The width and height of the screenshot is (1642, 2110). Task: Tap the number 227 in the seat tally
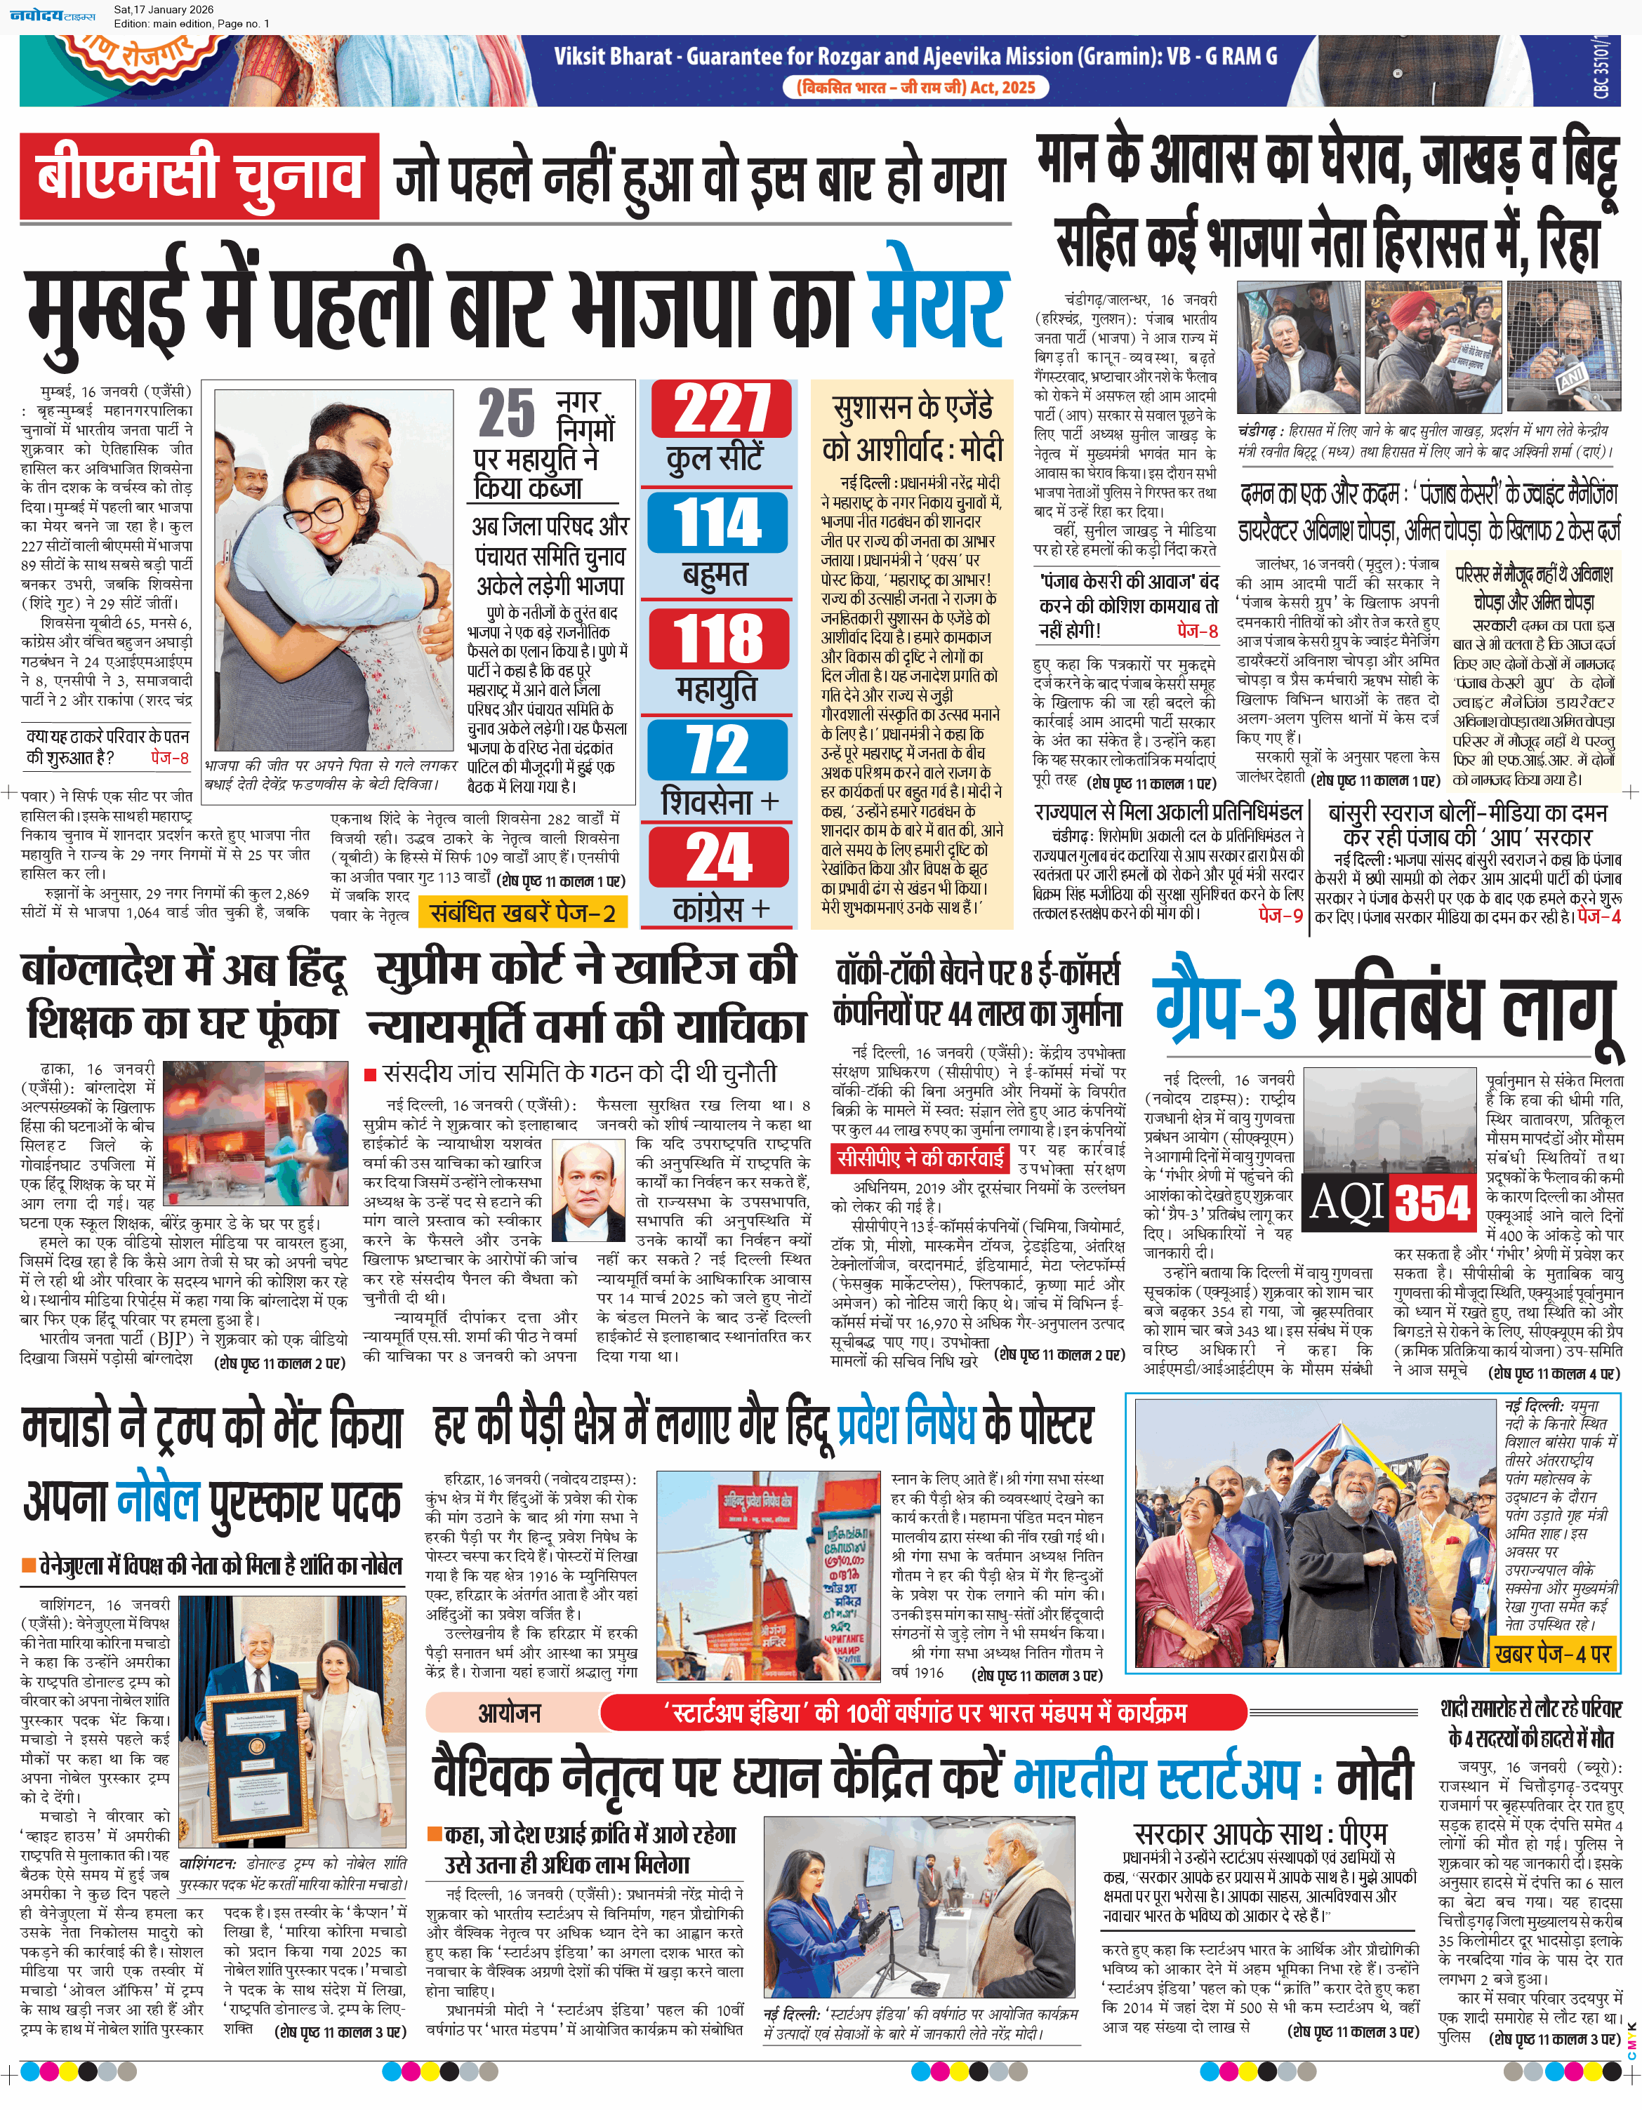[721, 410]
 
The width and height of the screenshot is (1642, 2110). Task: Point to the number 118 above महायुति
[719, 639]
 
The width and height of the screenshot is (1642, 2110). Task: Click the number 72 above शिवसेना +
[718, 749]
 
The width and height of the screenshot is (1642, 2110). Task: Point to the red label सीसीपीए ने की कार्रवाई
[920, 1157]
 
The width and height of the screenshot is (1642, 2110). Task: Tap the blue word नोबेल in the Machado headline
[157, 1500]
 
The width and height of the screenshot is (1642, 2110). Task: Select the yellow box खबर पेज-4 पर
[1552, 1654]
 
